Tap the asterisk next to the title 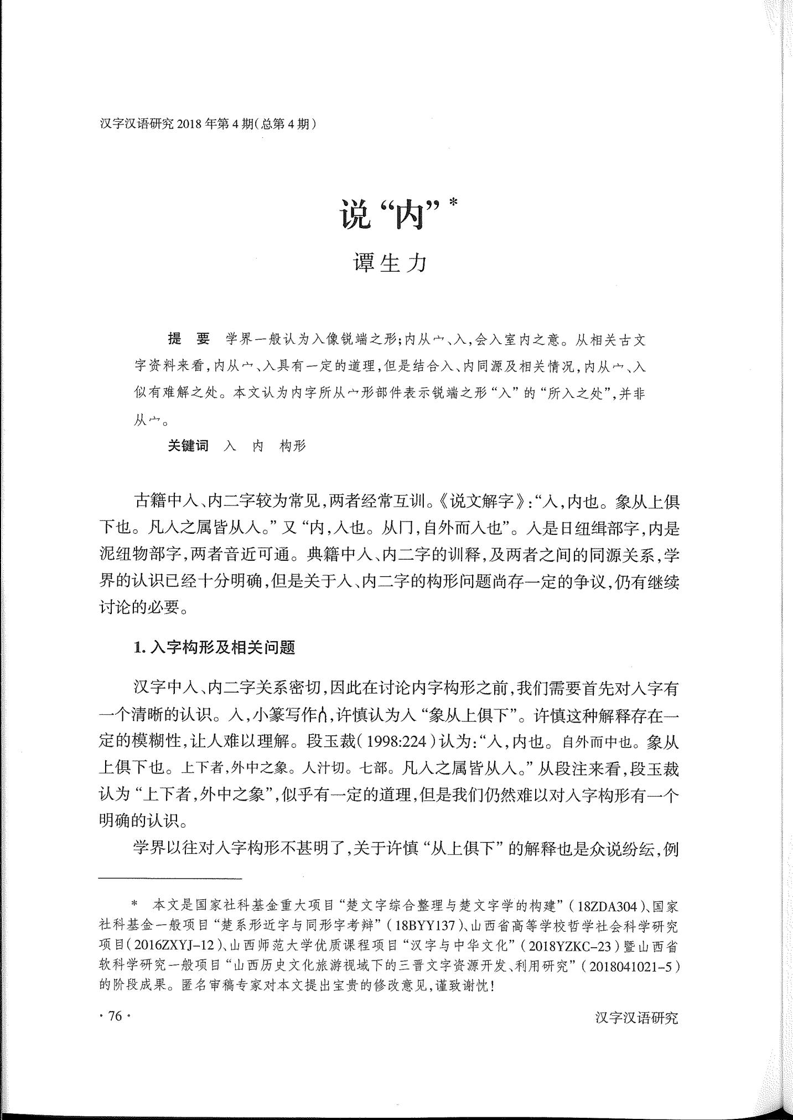click(454, 203)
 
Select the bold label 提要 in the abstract click(189, 339)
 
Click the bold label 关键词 click(188, 446)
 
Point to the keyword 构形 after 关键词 click(293, 446)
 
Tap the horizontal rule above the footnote click(170, 878)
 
